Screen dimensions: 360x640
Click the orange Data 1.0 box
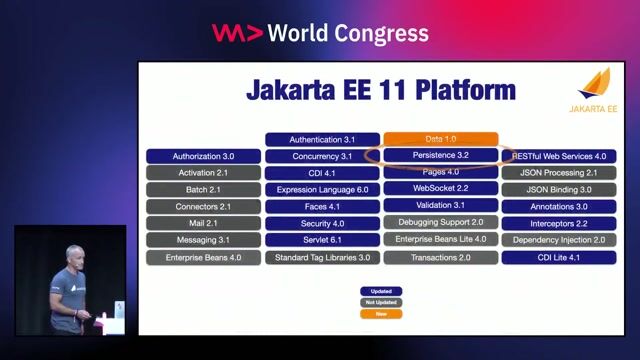point(440,139)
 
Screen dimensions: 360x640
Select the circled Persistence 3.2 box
point(440,156)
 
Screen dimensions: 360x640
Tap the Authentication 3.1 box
point(322,139)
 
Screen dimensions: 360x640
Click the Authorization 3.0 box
point(203,156)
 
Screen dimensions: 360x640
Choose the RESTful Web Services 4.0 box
point(559,156)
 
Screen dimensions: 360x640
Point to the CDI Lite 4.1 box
point(559,257)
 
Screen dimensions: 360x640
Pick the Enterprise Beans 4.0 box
point(203,257)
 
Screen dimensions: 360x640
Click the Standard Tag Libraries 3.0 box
point(322,257)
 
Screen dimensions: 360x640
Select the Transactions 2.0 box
point(440,257)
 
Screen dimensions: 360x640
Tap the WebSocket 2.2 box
point(440,189)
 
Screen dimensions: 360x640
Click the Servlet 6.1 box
point(322,240)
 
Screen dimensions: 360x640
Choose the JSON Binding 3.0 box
point(559,189)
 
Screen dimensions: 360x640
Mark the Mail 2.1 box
point(203,223)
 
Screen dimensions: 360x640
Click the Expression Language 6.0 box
point(322,189)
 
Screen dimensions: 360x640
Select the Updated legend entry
point(381,291)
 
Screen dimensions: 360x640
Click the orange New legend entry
point(381,313)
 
